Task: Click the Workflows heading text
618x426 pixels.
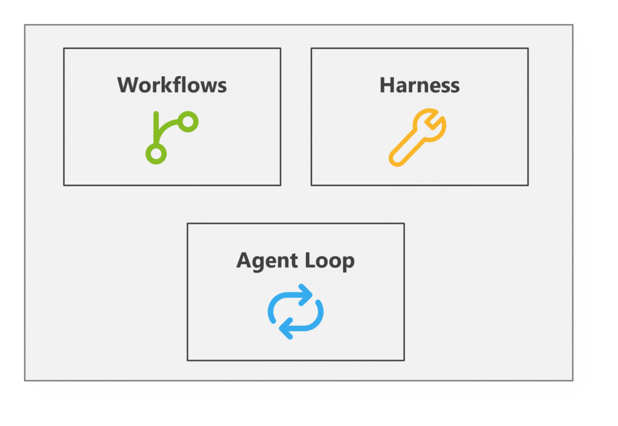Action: point(172,85)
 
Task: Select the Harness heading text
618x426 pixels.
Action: point(419,85)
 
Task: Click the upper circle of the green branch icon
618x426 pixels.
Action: point(188,121)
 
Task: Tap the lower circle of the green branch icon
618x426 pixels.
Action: point(156,154)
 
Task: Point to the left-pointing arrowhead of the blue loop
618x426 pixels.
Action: point(285,328)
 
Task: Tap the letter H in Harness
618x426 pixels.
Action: point(387,85)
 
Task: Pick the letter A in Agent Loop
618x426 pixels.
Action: point(244,260)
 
